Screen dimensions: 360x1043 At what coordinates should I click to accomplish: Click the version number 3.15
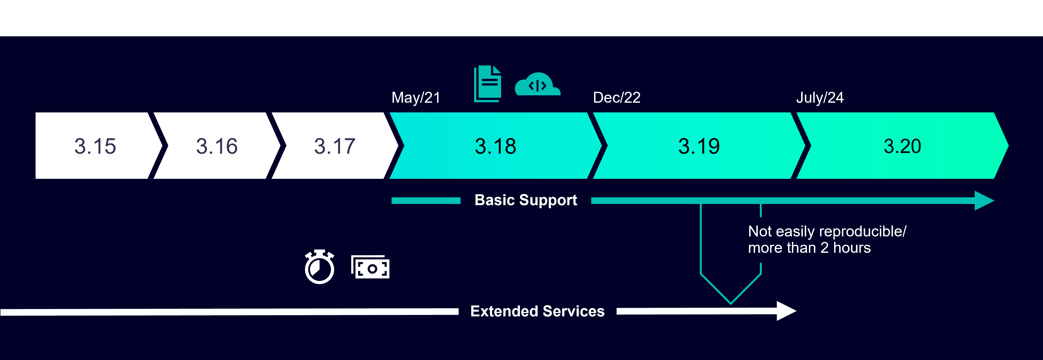click(95, 146)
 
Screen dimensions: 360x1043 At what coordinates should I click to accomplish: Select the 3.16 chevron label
click(217, 146)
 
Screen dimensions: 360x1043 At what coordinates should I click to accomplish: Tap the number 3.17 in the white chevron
click(335, 146)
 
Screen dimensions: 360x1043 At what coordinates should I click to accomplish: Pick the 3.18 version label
click(496, 146)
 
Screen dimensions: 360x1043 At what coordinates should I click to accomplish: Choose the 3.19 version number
click(699, 146)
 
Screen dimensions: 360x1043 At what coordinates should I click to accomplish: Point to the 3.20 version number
click(903, 146)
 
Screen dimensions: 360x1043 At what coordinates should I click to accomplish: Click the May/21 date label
click(416, 98)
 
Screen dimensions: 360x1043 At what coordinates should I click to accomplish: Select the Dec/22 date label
click(617, 98)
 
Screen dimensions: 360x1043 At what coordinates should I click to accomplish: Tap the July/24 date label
click(820, 98)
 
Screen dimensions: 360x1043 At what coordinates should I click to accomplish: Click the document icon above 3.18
click(488, 83)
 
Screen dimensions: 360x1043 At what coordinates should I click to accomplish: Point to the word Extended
click(504, 311)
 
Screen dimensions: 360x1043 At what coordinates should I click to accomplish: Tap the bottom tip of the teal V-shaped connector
click(731, 303)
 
